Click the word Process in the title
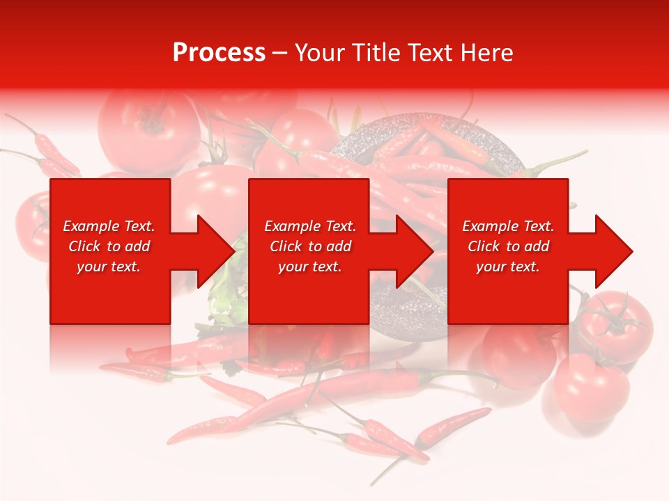point(219,53)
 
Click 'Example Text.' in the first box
point(109,226)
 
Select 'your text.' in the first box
point(109,267)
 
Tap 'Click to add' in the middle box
point(310,246)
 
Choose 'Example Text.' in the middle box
point(310,226)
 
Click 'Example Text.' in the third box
point(508,226)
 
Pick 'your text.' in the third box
point(508,267)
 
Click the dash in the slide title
point(279,53)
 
